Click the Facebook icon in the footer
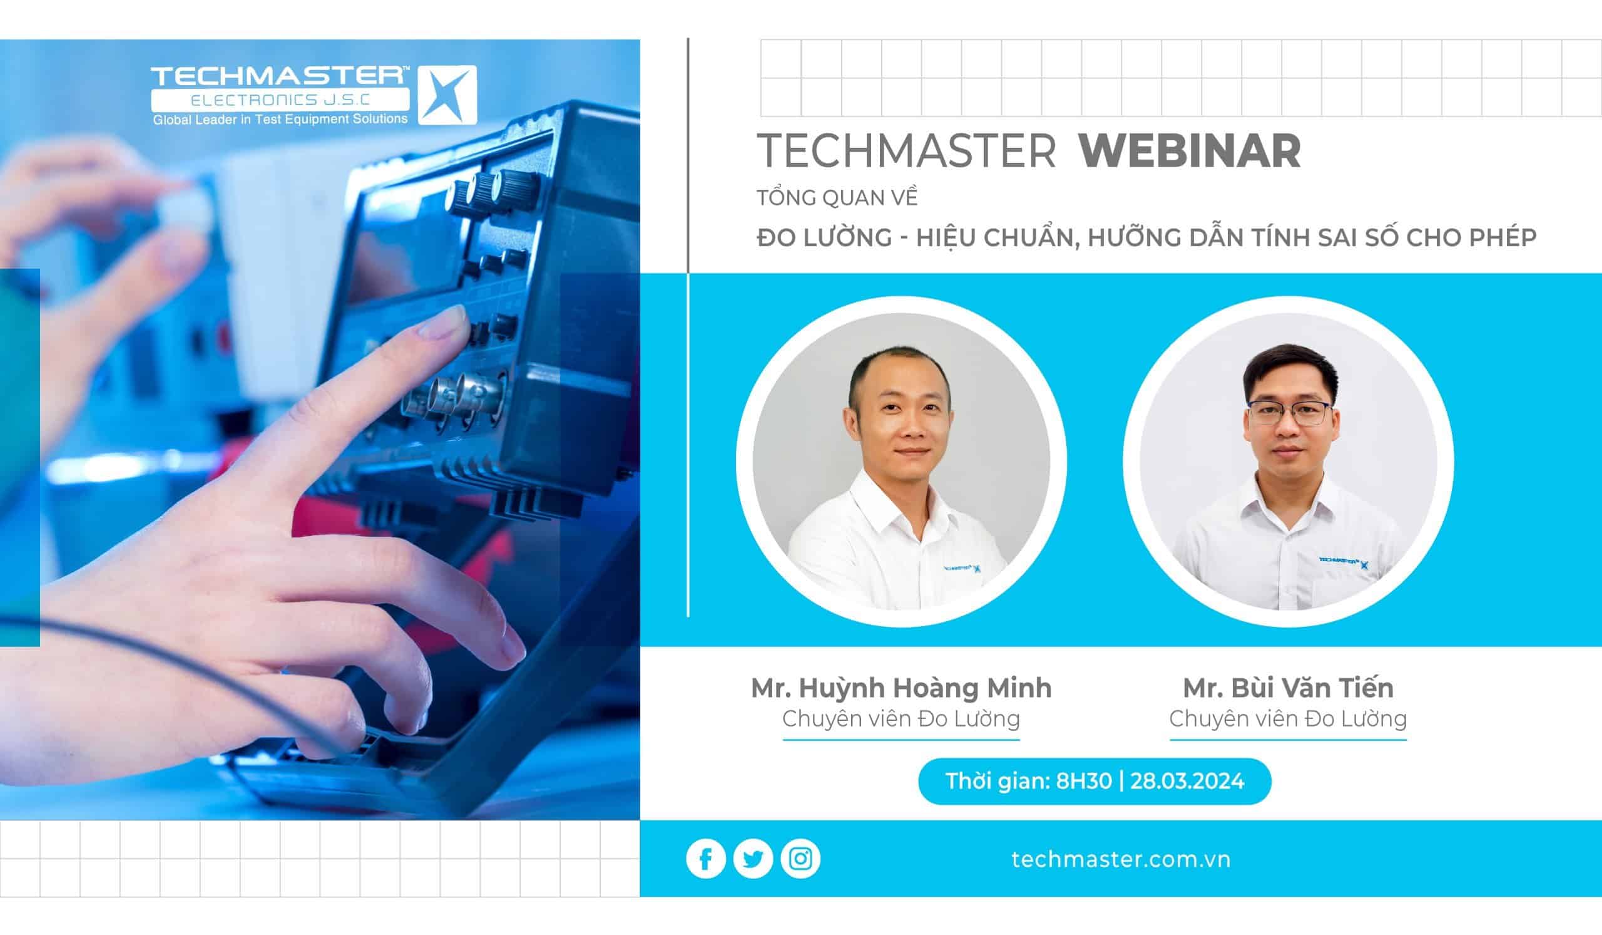(706, 859)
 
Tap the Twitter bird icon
(753, 859)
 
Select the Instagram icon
(800, 859)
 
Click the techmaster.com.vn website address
(1121, 859)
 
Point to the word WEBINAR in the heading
(1190, 152)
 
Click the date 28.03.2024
(1187, 780)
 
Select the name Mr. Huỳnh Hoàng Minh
(902, 688)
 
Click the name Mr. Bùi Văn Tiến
(1288, 688)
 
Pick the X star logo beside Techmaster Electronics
(447, 95)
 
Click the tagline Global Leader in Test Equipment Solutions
(280, 119)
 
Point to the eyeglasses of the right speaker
(1290, 413)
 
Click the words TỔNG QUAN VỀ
(837, 198)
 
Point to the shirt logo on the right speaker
(1344, 562)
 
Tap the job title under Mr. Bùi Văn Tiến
(1288, 719)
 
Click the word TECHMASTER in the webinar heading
(907, 152)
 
